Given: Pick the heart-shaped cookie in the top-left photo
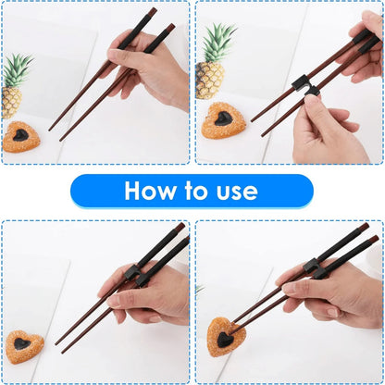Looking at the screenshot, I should tap(21, 137).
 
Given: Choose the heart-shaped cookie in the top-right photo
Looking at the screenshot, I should tap(223, 120).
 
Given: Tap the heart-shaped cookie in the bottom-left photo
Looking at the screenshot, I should tap(24, 345).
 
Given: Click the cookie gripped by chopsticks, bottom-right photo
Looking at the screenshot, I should tap(224, 338).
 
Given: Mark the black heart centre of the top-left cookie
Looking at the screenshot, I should tap(20, 136).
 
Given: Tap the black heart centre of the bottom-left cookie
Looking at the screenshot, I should tap(22, 344).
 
